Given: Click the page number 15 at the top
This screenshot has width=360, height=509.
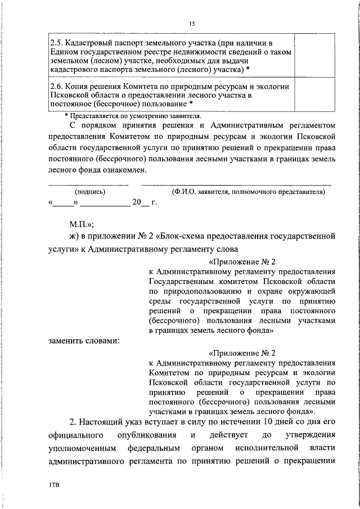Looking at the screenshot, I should [192, 23].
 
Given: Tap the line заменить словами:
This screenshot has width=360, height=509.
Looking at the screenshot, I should [83, 340].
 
